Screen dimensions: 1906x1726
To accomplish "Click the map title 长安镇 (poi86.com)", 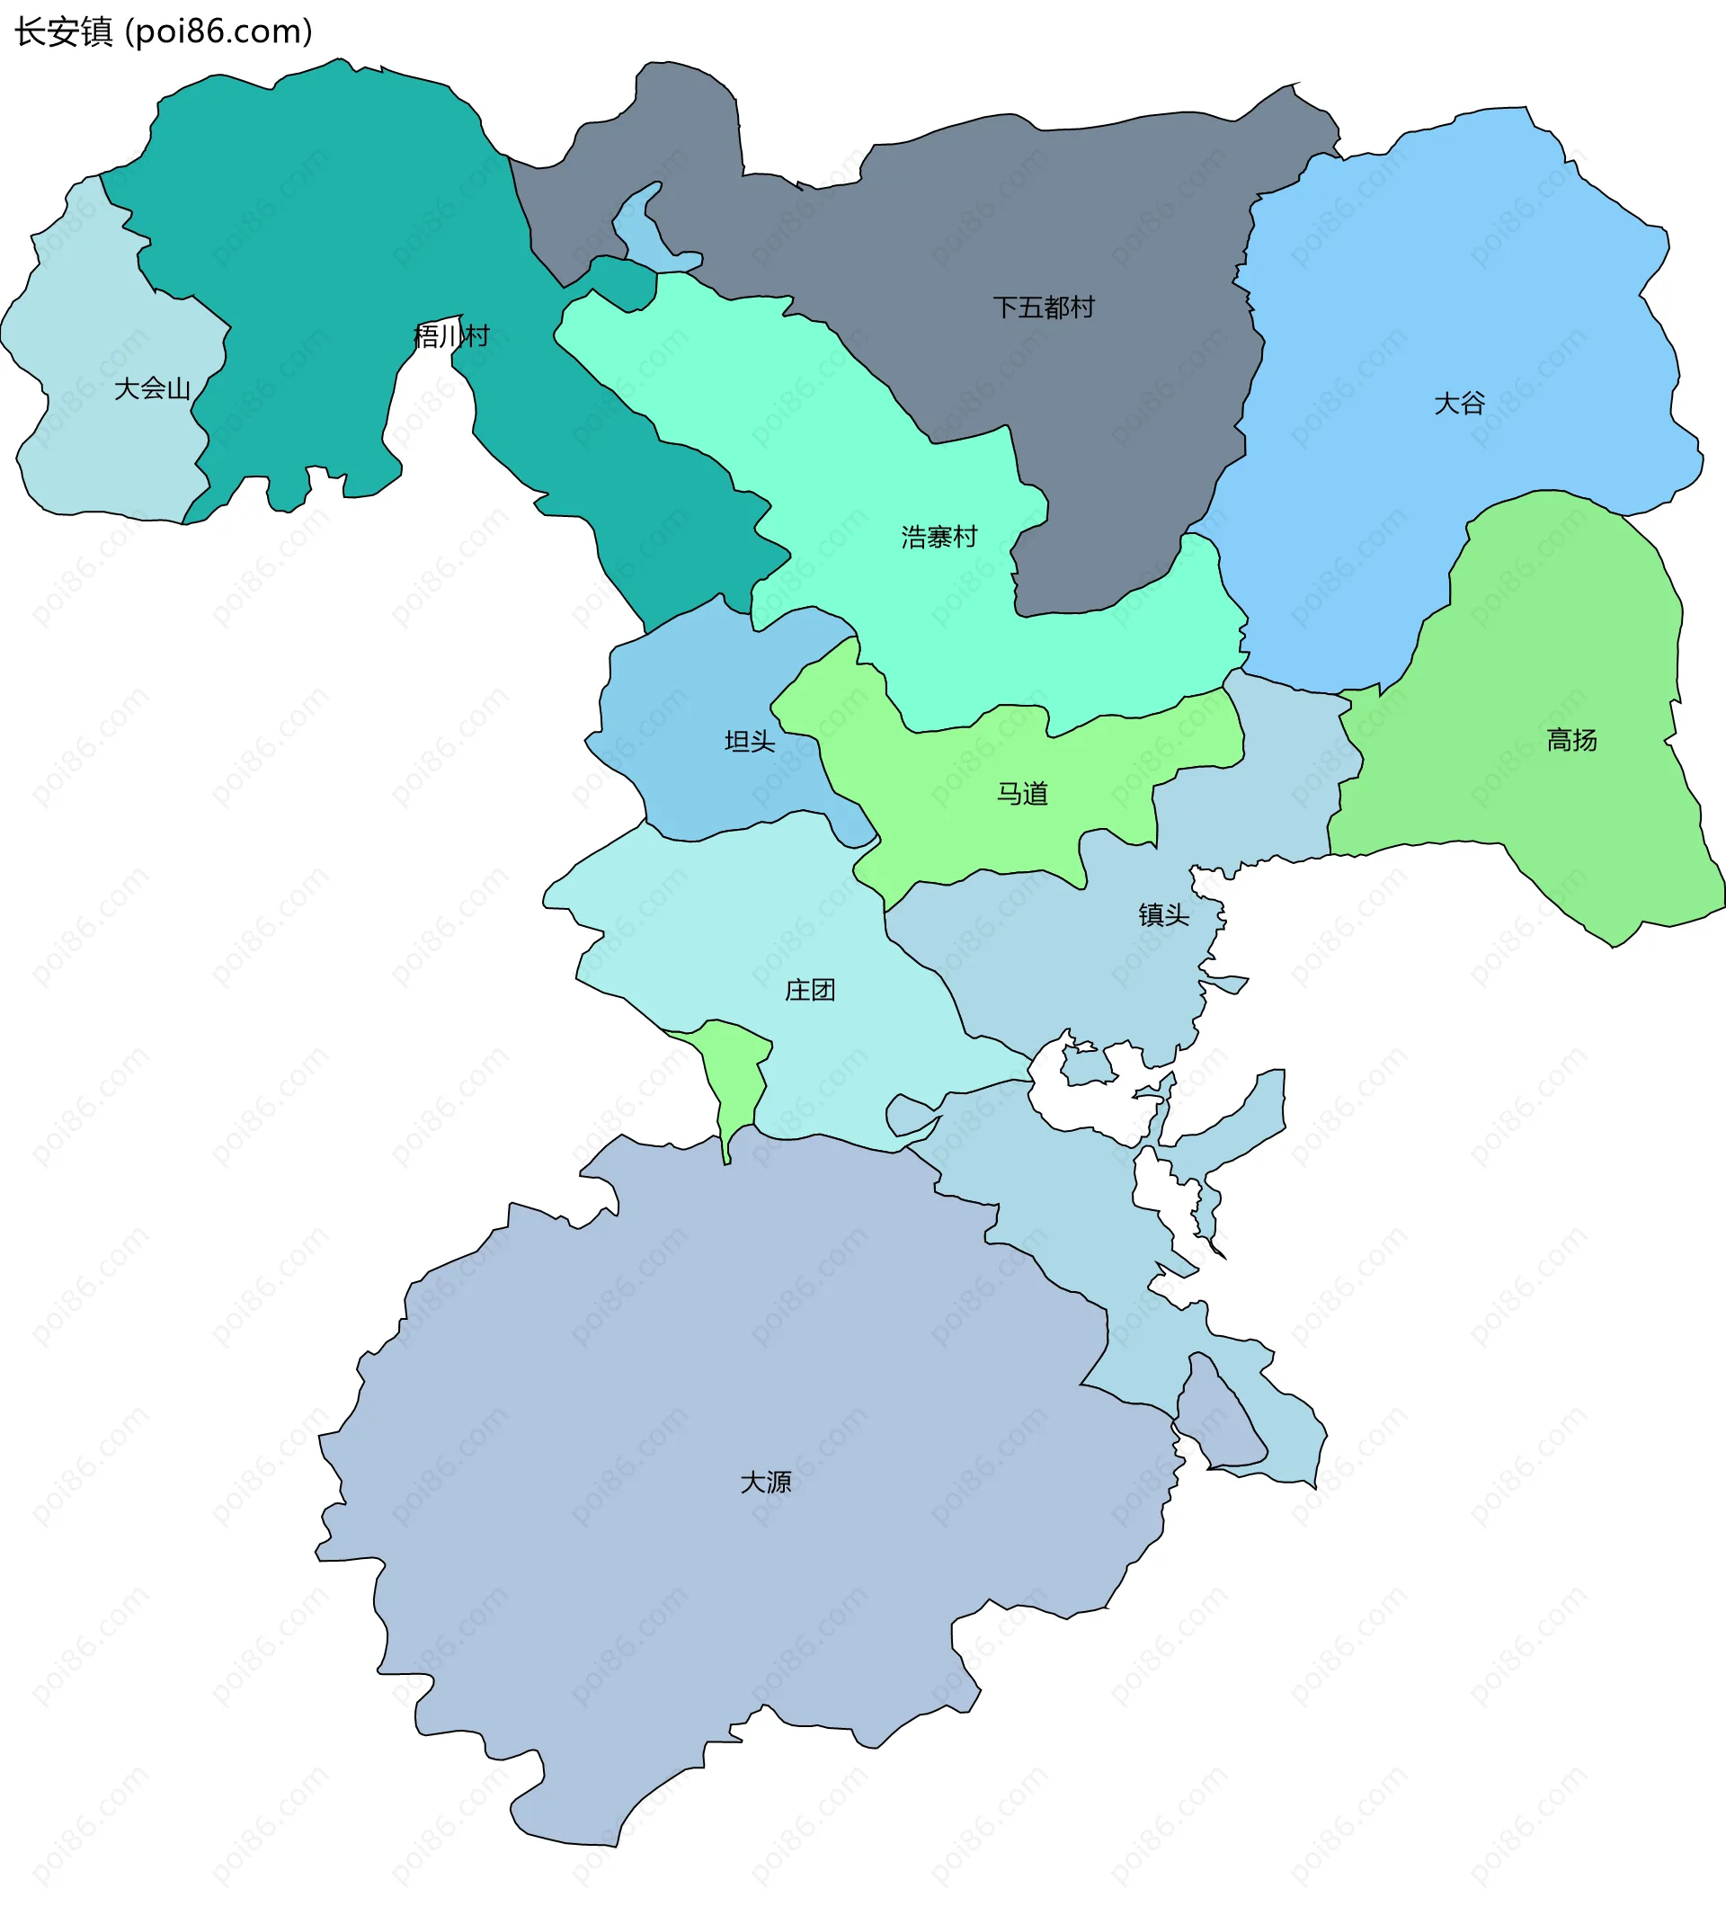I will click(163, 32).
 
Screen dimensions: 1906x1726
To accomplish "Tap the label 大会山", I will click(152, 388).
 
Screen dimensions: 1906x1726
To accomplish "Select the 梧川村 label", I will click(452, 335).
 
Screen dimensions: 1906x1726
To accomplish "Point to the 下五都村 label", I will click(1044, 307).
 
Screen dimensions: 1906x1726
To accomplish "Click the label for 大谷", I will click(1459, 404).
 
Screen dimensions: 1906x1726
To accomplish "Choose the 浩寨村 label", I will click(939, 537).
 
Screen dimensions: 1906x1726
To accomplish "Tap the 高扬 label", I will click(1571, 740).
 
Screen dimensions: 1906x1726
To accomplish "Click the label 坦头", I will click(750, 741).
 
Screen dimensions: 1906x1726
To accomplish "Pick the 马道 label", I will click(1022, 793).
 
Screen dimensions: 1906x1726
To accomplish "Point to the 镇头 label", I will click(1163, 914).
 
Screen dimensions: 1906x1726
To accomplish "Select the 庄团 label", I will click(810, 990).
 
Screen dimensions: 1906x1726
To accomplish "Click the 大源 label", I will click(766, 1482).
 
